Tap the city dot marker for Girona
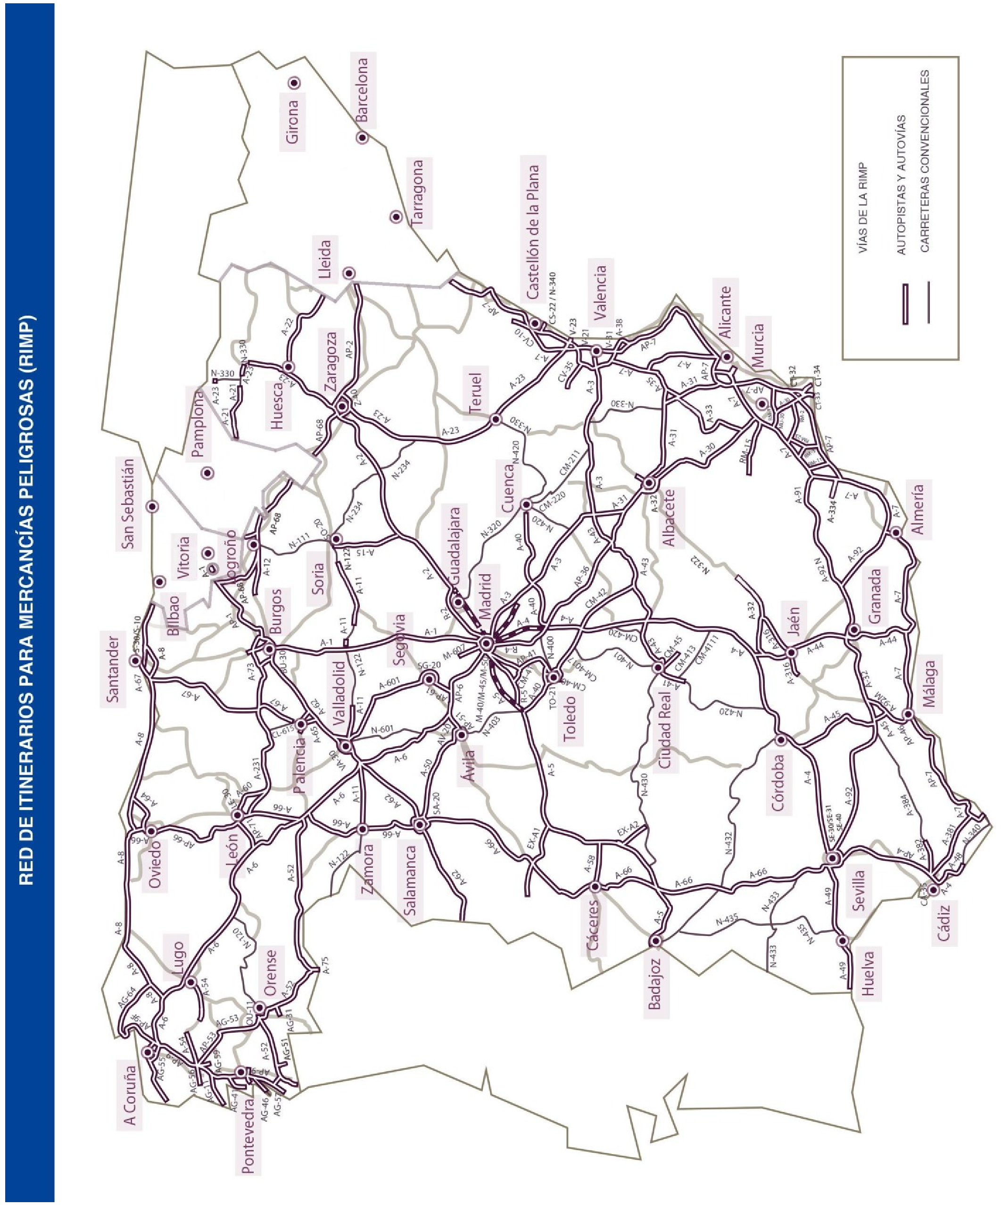click(x=295, y=83)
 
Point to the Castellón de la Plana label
click(x=533, y=232)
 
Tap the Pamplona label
click(x=198, y=423)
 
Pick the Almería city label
click(x=917, y=510)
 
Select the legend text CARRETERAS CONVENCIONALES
click(x=925, y=161)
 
